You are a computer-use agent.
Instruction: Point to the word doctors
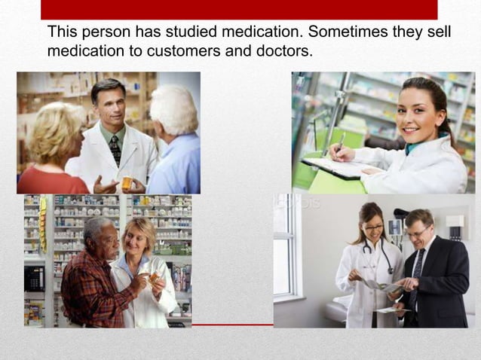coord(285,51)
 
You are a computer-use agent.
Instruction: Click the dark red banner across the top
coord(239,9)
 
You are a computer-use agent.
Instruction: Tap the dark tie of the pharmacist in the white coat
coord(115,150)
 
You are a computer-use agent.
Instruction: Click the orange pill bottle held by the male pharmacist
coord(127,182)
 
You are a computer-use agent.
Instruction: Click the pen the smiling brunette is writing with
coord(341,142)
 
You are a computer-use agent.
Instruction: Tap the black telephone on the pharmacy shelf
coord(33,278)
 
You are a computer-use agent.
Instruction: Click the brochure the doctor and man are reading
coord(384,287)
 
